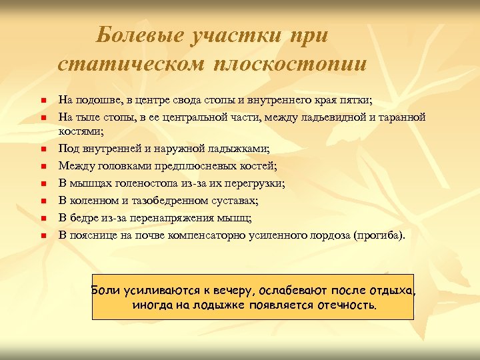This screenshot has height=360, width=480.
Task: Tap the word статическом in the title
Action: pyautogui.click(x=132, y=64)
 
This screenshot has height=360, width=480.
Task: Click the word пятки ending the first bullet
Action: pyautogui.click(x=357, y=100)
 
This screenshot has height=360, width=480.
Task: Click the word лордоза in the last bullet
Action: pyautogui.click(x=330, y=235)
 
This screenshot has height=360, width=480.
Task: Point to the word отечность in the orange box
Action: pyautogui.click(x=343, y=306)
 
